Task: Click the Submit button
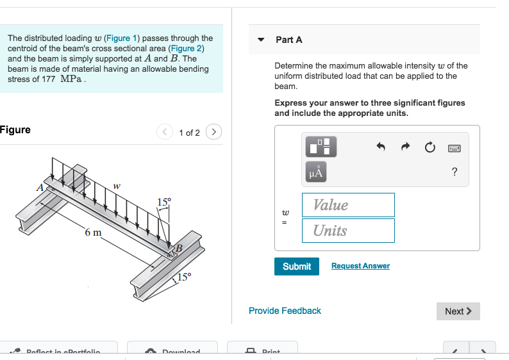tap(297, 266)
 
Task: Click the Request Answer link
tap(360, 266)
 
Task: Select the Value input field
tap(348, 205)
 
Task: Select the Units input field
tap(348, 231)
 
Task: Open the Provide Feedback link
tap(285, 311)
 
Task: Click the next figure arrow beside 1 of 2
tap(214, 133)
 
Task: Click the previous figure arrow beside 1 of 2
tap(165, 133)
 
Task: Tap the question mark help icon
tap(455, 172)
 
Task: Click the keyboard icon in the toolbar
tap(455, 147)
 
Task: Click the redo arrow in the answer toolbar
tap(405, 147)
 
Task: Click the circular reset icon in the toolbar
tap(430, 147)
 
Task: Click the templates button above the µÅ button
tap(319, 147)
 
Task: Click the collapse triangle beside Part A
tap(261, 40)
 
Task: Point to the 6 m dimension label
tap(93, 232)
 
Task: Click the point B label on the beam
tap(179, 248)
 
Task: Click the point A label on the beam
tap(40, 187)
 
